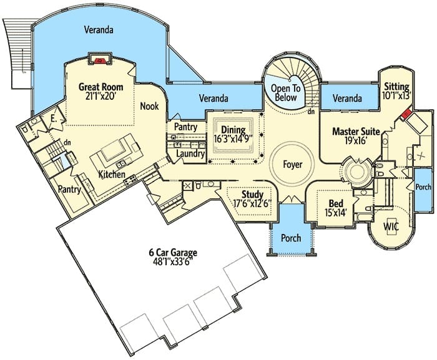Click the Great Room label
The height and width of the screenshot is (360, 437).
pyautogui.click(x=101, y=87)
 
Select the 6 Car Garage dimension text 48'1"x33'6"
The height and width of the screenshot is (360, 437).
pyautogui.click(x=173, y=261)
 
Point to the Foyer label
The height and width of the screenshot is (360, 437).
pyautogui.click(x=293, y=164)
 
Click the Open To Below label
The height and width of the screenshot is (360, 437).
pyautogui.click(x=286, y=93)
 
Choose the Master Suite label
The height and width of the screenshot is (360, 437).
pyautogui.click(x=356, y=131)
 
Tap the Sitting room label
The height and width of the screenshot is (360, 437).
pyautogui.click(x=396, y=87)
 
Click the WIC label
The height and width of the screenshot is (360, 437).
pyautogui.click(x=391, y=226)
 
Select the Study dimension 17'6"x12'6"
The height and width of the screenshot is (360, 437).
pyautogui.click(x=252, y=203)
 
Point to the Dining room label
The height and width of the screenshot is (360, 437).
pyautogui.click(x=233, y=130)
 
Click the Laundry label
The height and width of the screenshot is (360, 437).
pyautogui.click(x=190, y=153)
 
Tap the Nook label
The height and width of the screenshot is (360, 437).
pyautogui.click(x=149, y=106)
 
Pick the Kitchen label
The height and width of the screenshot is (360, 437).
pyautogui.click(x=112, y=175)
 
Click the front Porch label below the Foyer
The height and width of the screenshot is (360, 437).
pyautogui.click(x=291, y=238)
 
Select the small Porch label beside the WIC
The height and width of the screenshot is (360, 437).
pyautogui.click(x=423, y=187)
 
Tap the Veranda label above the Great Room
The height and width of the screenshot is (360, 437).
pyautogui.click(x=99, y=29)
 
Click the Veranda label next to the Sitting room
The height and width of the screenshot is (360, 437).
pyautogui.click(x=347, y=98)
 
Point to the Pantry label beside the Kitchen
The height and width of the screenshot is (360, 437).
pyautogui.click(x=69, y=190)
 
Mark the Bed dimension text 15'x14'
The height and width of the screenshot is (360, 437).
pyautogui.click(x=336, y=213)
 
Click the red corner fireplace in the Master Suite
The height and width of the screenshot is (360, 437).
pyautogui.click(x=406, y=114)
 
